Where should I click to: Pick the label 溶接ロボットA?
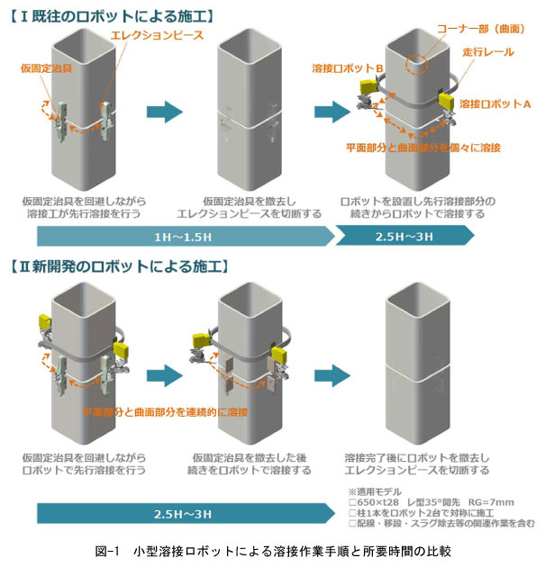coord(495,104)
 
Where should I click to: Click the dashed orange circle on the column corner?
coord(419,66)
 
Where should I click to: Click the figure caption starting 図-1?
coord(272,549)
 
